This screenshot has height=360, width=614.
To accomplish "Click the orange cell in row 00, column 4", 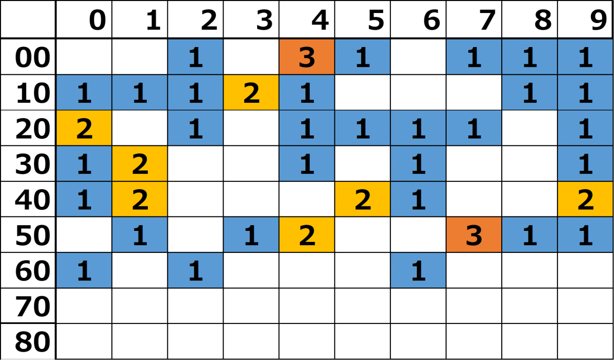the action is (x=307, y=57).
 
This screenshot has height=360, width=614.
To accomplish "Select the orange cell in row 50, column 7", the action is (x=474, y=235).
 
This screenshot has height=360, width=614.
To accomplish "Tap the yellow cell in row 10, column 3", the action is (x=251, y=93).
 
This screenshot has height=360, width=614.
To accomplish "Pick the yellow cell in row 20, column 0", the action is (x=84, y=128).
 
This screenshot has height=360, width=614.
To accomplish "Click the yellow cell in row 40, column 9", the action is (x=586, y=199).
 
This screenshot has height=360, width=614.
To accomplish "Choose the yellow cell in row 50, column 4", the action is (x=307, y=235).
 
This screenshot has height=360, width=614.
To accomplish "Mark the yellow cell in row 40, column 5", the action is (x=363, y=199).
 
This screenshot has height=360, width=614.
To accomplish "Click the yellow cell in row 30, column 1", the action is (x=140, y=164).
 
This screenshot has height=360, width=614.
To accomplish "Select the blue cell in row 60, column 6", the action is (x=418, y=270).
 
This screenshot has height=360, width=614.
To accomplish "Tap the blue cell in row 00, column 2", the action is (x=195, y=57).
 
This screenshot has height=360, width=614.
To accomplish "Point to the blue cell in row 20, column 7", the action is (x=474, y=128).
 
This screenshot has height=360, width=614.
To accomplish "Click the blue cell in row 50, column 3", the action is (x=251, y=235).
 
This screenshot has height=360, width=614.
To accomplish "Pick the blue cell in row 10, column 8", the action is (x=530, y=93).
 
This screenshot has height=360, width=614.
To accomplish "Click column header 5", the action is (x=363, y=19).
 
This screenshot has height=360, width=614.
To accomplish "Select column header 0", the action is (x=84, y=19).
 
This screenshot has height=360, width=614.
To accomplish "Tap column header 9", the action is (x=586, y=19).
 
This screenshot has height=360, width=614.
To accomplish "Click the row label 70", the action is (x=28, y=306).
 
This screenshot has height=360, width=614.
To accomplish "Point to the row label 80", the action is (x=28, y=341).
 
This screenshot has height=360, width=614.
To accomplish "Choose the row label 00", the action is (x=28, y=57).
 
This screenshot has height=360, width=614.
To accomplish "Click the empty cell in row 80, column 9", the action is (x=586, y=341).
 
